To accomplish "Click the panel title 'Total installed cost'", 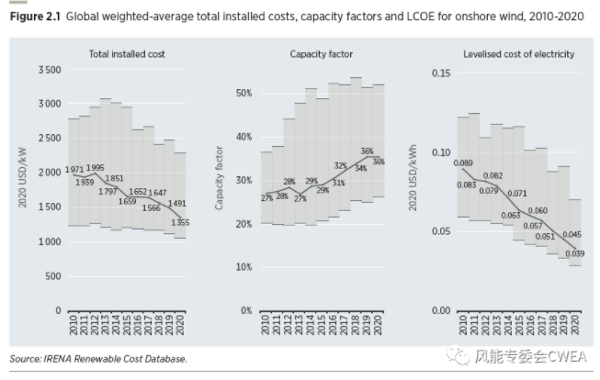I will pyautogui.click(x=128, y=54).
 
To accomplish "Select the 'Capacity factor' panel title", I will pyautogui.click(x=321, y=54).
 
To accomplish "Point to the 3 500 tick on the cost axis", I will pyautogui.click(x=48, y=70).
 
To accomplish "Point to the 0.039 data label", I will pyautogui.click(x=574, y=253).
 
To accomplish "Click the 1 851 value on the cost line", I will pyautogui.click(x=114, y=178).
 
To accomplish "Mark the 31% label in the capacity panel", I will pyautogui.click(x=338, y=183).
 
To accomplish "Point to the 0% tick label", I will pyautogui.click(x=245, y=310).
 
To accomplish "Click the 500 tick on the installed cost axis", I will pyautogui.click(x=53, y=276).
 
